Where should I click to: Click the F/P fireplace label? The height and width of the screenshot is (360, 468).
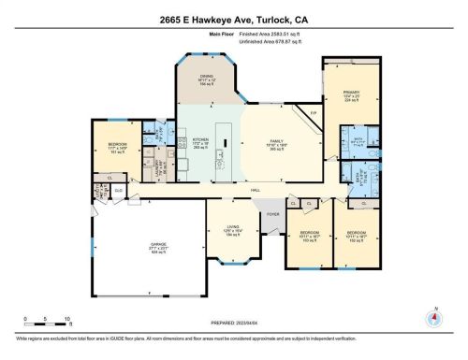coord(314,114)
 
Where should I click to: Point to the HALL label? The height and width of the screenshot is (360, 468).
coord(255,189)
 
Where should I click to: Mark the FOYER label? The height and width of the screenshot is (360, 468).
coord(271,214)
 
